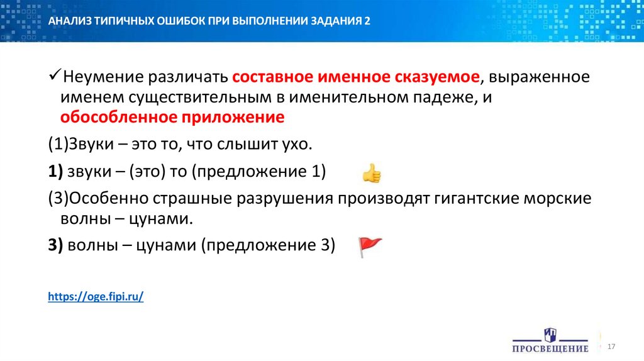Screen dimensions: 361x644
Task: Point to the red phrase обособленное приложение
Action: tap(172, 118)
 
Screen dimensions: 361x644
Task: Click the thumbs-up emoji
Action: tap(371, 172)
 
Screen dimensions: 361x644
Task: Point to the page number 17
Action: tap(611, 347)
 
